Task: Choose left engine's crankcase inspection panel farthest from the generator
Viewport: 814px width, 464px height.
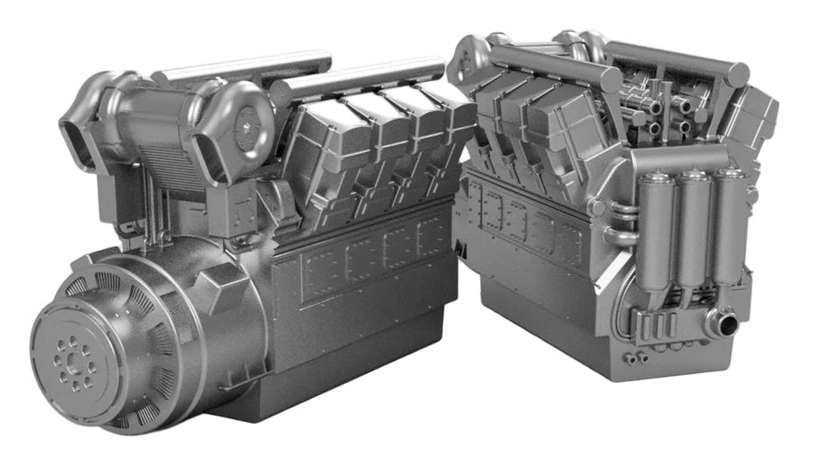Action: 431,236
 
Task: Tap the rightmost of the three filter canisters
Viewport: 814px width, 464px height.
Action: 728,223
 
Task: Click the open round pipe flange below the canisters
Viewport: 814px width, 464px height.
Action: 724,325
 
